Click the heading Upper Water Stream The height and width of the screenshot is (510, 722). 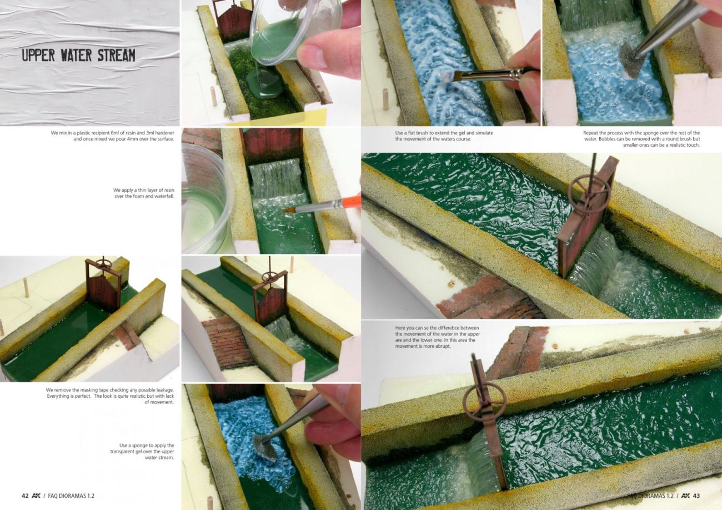click(x=79, y=56)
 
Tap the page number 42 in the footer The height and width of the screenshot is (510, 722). click(x=25, y=496)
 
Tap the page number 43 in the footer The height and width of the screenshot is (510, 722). click(x=696, y=496)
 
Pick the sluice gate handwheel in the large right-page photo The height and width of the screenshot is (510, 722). click(x=589, y=191)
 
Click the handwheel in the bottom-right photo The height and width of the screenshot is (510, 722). click(x=484, y=401)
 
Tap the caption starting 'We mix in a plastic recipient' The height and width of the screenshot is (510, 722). click(x=112, y=136)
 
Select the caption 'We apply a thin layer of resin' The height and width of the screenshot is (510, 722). click(x=143, y=193)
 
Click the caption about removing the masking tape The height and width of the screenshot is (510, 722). click(x=109, y=396)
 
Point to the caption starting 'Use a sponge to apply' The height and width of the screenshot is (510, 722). click(x=142, y=451)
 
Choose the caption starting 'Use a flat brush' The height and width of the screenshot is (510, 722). click(x=444, y=136)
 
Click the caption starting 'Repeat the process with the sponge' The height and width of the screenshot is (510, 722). click(x=641, y=139)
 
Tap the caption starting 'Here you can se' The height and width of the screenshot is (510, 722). click(x=438, y=337)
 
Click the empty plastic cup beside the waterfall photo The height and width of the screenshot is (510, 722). click(x=206, y=198)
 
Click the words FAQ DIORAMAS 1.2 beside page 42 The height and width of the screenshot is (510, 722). click(x=71, y=496)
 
